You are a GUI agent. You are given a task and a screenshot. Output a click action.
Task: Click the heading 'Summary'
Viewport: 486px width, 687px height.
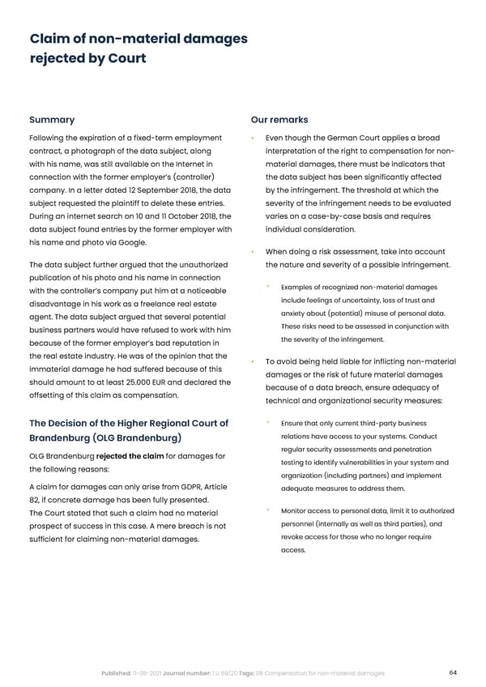pyautogui.click(x=52, y=120)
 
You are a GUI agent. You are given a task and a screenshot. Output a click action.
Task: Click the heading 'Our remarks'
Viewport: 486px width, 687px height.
pyautogui.click(x=281, y=120)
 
